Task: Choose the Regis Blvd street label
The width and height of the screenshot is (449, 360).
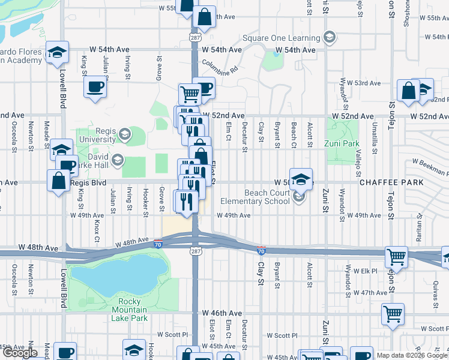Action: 88,182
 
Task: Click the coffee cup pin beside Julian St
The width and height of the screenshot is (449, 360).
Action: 95,88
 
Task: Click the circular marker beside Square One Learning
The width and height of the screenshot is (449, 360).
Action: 328,38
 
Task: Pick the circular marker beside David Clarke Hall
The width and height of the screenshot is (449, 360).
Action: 117,160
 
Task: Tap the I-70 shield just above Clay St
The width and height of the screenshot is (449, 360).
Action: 261,249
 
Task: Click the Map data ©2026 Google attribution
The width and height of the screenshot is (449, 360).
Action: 412,355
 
